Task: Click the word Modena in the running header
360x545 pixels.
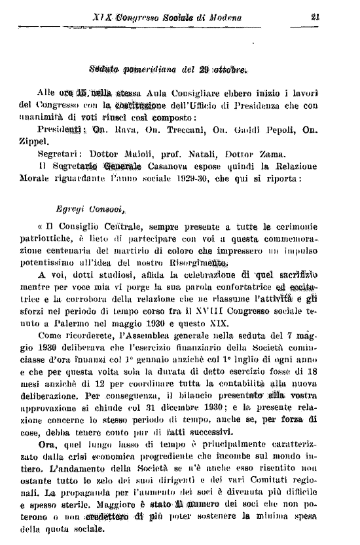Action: click(x=222, y=18)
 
